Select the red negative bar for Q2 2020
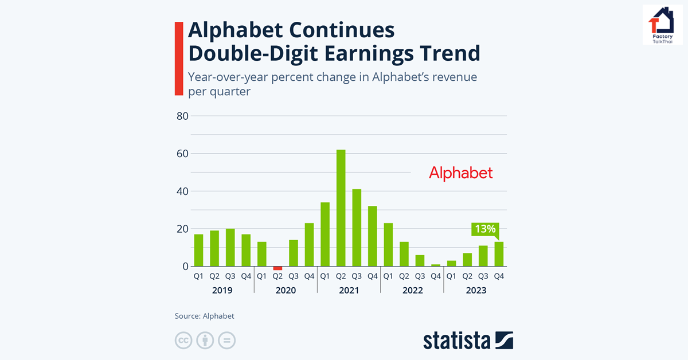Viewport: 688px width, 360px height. point(277,268)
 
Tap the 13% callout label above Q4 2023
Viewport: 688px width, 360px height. point(483,229)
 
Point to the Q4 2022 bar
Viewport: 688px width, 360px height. point(436,265)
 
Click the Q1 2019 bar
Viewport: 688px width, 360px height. point(198,251)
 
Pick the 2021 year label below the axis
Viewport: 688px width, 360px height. point(349,291)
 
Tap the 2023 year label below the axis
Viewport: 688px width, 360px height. point(475,291)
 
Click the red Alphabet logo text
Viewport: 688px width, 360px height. point(460,173)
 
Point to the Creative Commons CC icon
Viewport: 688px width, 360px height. point(183,340)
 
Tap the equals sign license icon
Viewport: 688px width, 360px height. point(227,340)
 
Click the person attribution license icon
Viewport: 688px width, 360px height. point(205,340)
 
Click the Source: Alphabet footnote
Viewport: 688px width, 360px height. point(205,316)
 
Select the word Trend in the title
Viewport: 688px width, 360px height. point(445,53)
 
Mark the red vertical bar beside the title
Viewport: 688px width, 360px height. point(179,58)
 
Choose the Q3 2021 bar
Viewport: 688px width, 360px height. point(357,228)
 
